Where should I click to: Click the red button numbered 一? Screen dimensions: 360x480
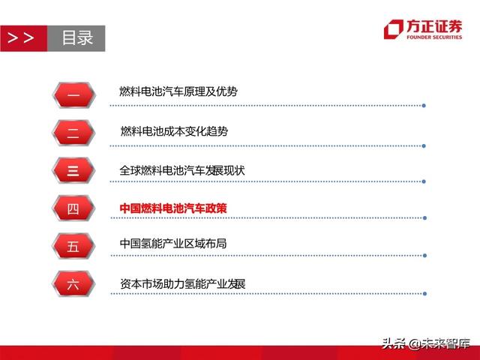tap(73, 94)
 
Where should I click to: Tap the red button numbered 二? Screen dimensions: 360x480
tap(73, 133)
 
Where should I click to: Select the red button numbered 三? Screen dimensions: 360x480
tap(73, 171)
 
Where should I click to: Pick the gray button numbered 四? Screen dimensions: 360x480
tap(73, 209)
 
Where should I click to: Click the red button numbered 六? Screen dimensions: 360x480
tap(73, 284)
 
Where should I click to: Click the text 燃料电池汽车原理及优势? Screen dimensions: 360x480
tap(178, 91)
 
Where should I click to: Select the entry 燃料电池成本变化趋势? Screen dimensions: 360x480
tap(174, 131)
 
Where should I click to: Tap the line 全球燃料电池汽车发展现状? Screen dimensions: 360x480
tap(182, 170)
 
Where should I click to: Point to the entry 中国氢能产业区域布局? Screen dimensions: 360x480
tap(172, 244)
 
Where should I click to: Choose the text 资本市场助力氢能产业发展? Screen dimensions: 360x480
tap(182, 283)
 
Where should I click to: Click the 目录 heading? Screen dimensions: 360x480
tap(76, 37)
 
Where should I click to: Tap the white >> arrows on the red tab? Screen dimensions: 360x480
tap(20, 37)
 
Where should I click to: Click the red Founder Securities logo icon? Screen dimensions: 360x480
tap(392, 28)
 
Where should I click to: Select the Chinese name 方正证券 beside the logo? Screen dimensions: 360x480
tap(434, 26)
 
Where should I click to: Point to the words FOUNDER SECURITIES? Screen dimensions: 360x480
tap(434, 37)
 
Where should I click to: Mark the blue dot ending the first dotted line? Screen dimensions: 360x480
tap(424, 105)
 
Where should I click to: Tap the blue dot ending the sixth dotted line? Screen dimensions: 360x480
tap(424, 294)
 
